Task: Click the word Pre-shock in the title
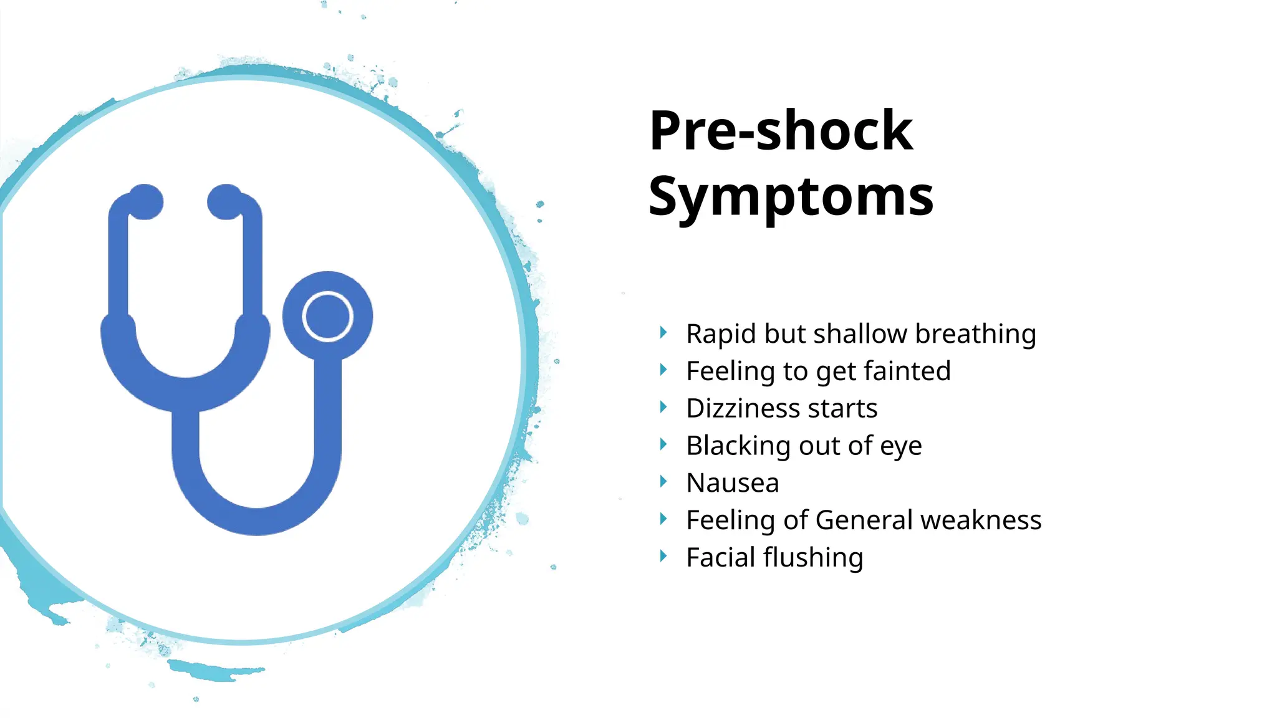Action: coord(781,131)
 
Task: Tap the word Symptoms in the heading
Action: coord(791,197)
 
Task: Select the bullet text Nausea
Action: coord(733,483)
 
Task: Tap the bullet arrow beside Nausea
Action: coord(663,482)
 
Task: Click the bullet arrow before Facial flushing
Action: coord(663,556)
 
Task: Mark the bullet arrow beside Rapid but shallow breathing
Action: coord(663,332)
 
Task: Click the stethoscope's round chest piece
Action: coord(327,316)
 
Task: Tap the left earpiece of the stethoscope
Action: coord(145,201)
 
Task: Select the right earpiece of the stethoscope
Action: coord(225,201)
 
